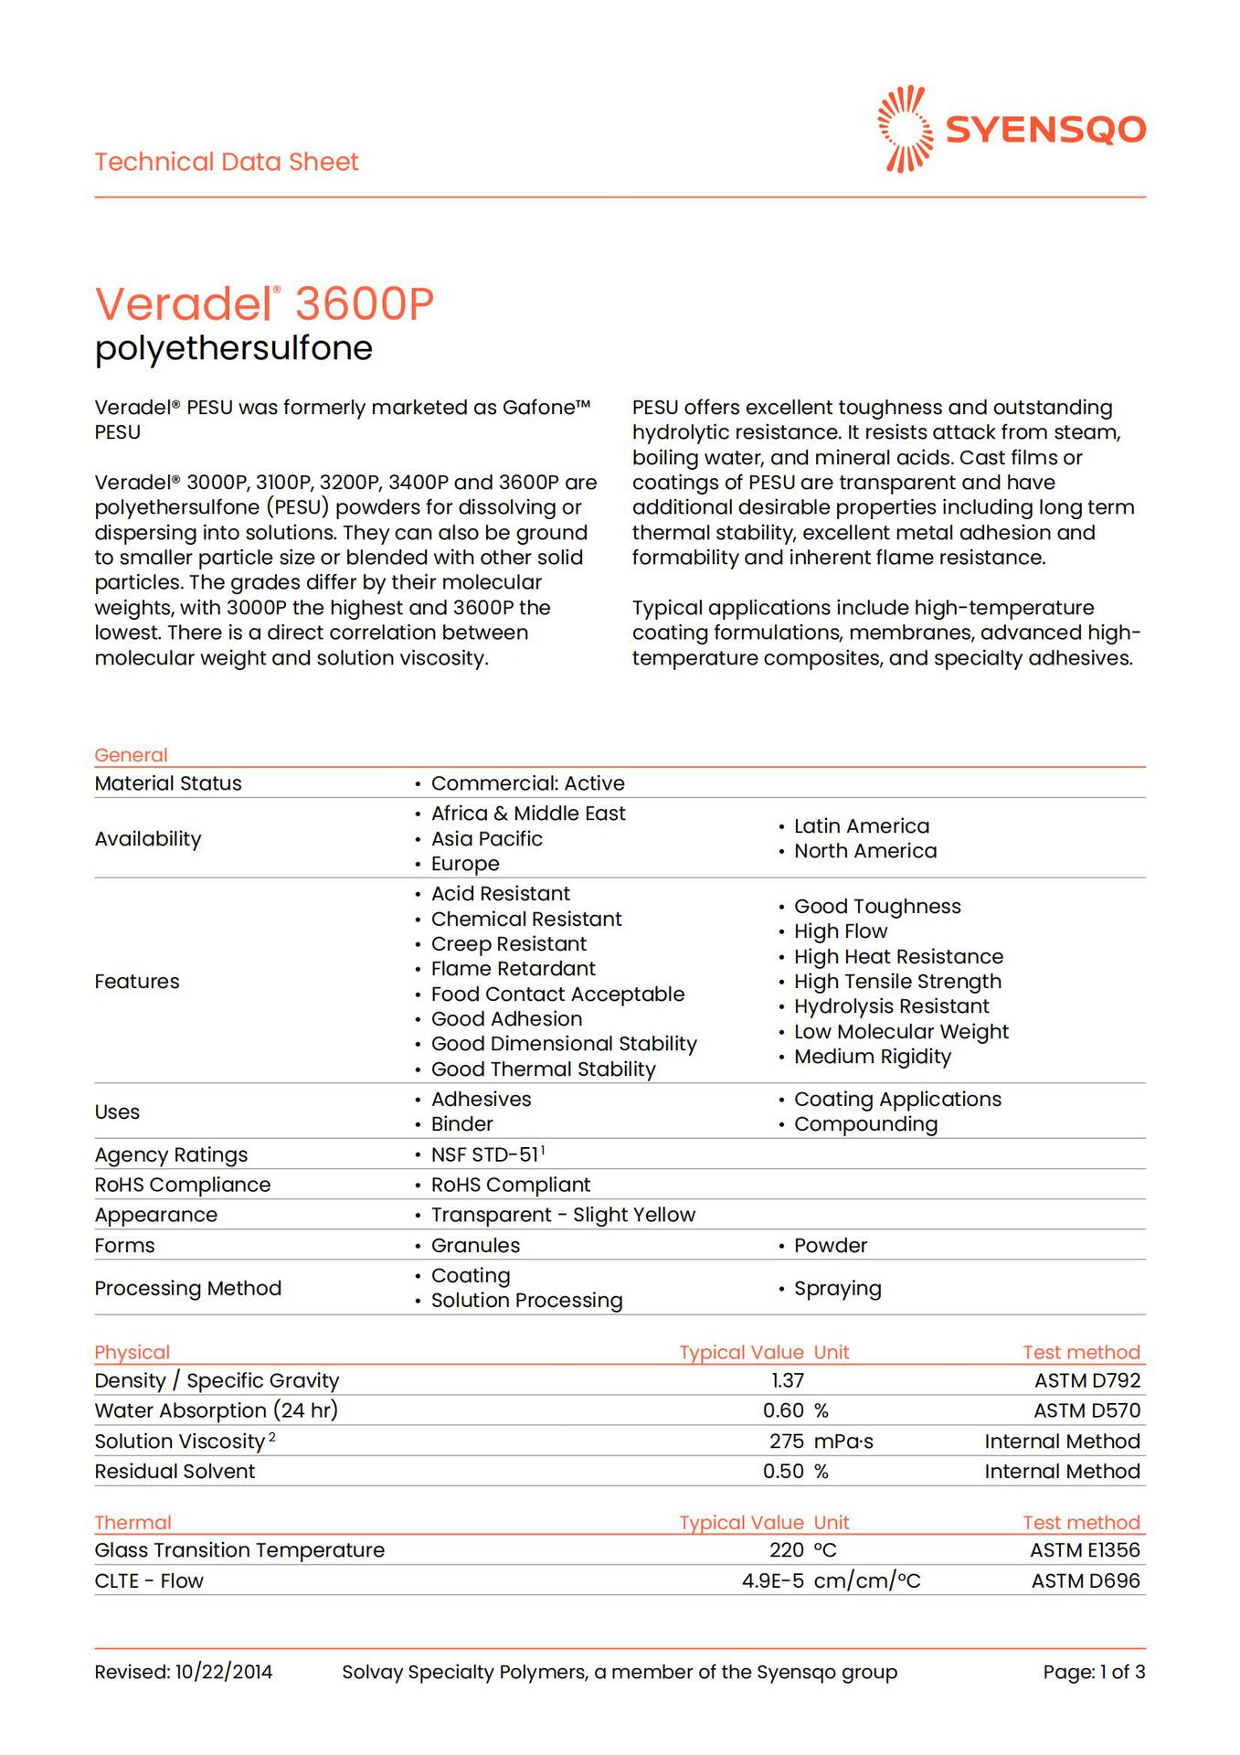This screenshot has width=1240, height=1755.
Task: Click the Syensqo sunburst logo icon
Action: point(905,129)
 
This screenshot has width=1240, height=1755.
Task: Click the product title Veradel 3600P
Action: point(264,303)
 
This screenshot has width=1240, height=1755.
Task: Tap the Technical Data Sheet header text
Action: point(227,162)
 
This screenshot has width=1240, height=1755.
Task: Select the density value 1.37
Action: point(787,1380)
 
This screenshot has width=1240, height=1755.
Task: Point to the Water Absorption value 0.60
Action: point(783,1410)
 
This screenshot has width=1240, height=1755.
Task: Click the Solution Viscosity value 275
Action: point(786,1441)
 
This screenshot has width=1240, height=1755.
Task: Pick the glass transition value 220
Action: point(786,1550)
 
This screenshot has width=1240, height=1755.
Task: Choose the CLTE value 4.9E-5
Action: point(772,1581)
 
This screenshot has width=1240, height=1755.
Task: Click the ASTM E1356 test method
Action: point(1085,1550)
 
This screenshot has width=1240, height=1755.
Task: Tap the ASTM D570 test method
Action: point(1086,1410)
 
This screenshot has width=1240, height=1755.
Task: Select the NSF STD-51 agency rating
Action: point(487,1154)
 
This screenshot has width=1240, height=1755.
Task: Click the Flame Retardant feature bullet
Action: point(513,969)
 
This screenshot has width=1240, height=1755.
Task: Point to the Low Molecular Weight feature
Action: point(901,1032)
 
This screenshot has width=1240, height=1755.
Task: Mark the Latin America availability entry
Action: point(861,826)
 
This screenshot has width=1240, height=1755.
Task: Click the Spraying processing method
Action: point(837,1289)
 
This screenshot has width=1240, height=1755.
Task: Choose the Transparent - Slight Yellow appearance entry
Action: point(563,1215)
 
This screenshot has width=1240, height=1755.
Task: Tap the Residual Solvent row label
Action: point(175,1472)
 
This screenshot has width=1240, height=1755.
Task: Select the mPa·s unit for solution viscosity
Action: point(843,1441)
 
